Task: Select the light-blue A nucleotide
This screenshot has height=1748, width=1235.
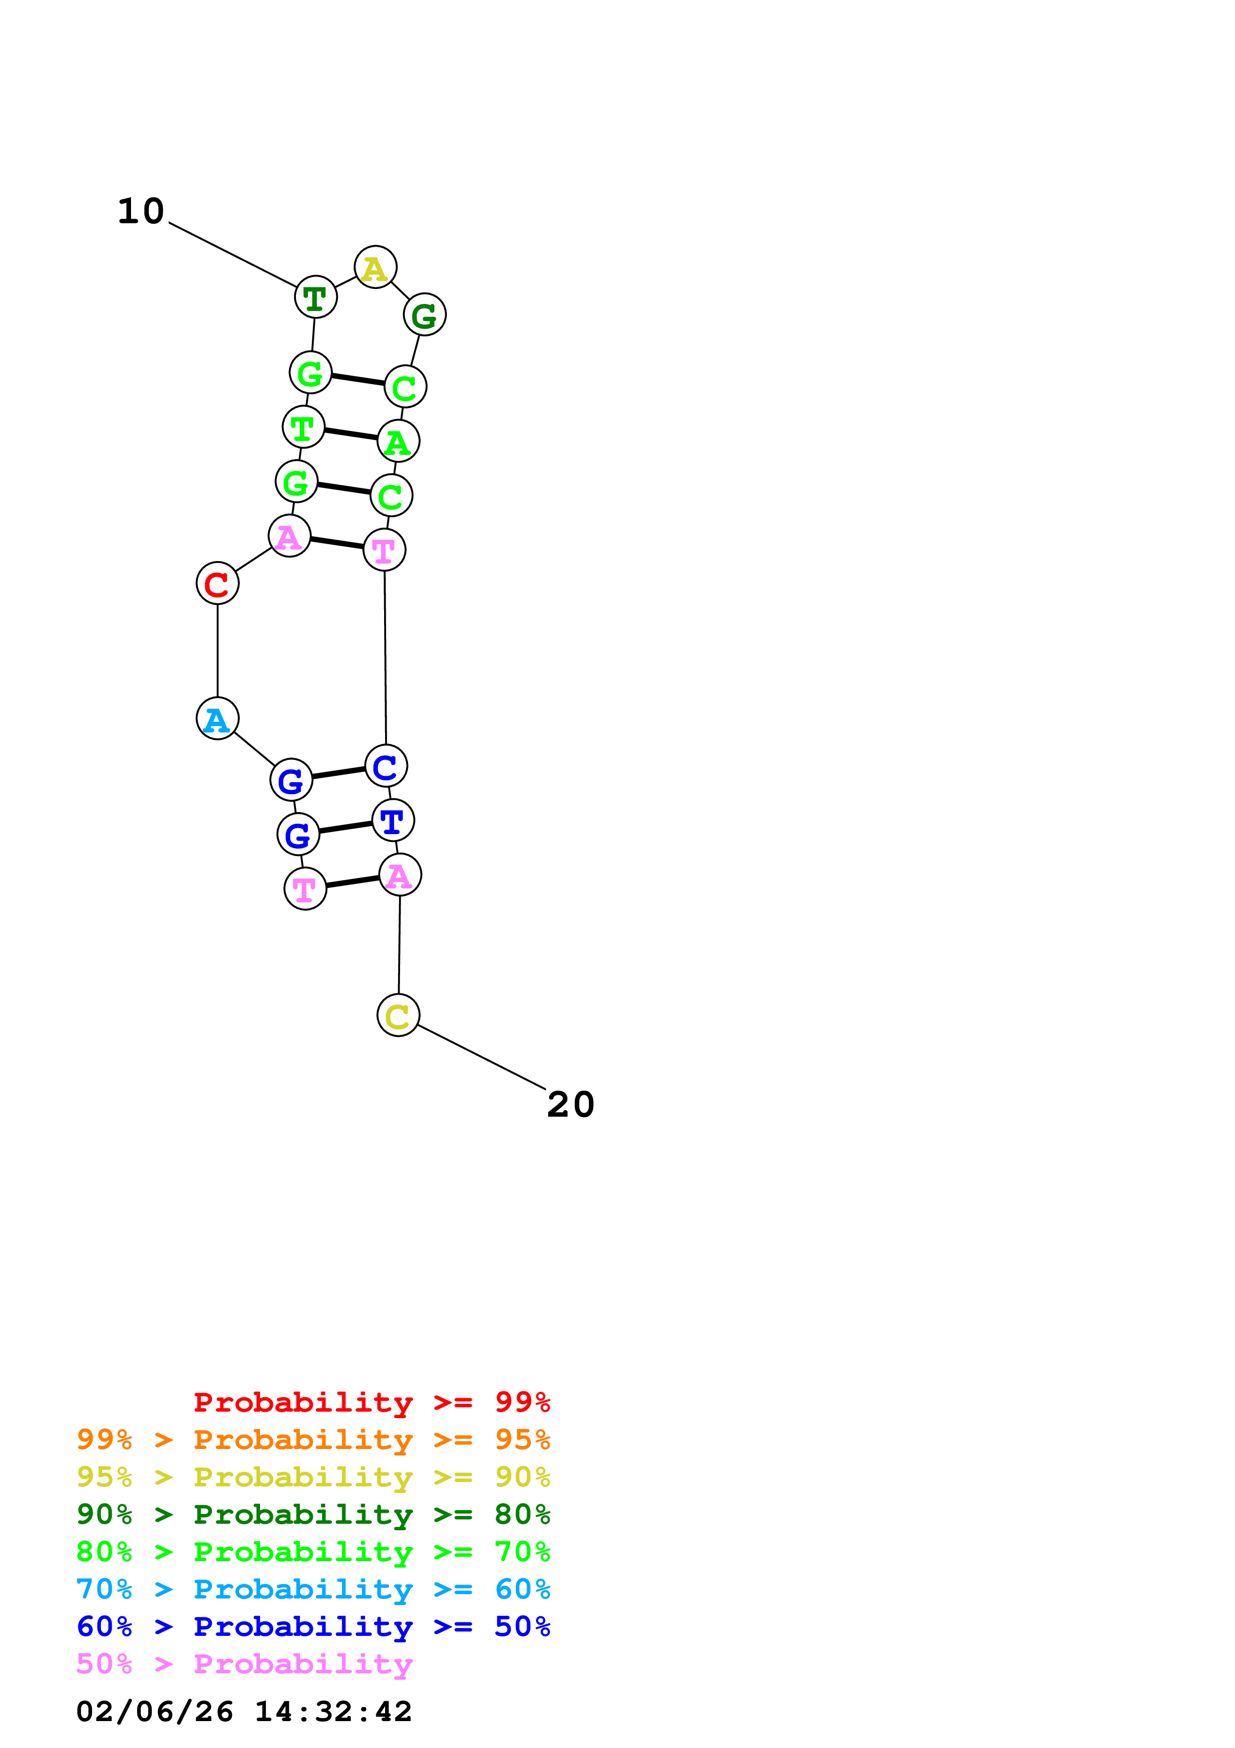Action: [x=218, y=718]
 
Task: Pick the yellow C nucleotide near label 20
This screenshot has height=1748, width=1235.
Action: [x=398, y=1015]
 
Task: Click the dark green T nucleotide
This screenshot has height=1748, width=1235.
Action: [x=316, y=297]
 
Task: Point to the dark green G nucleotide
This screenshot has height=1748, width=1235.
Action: [x=424, y=314]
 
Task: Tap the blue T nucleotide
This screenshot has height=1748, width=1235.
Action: [x=393, y=821]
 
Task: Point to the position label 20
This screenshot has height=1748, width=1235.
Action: [x=571, y=1105]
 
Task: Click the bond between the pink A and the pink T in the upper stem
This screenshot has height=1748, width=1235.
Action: [x=336, y=543]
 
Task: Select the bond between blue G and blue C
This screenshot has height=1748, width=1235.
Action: [x=339, y=773]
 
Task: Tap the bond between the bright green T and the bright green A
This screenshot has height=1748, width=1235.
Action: [x=351, y=434]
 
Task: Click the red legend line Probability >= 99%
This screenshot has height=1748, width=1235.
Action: [x=371, y=1402]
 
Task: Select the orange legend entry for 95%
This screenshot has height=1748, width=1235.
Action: [x=313, y=1440]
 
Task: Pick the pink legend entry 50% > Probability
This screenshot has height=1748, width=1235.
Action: [x=244, y=1664]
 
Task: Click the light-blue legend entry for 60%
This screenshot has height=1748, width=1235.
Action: [x=313, y=1590]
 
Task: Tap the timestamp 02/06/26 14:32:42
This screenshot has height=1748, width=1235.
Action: [x=244, y=1712]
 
